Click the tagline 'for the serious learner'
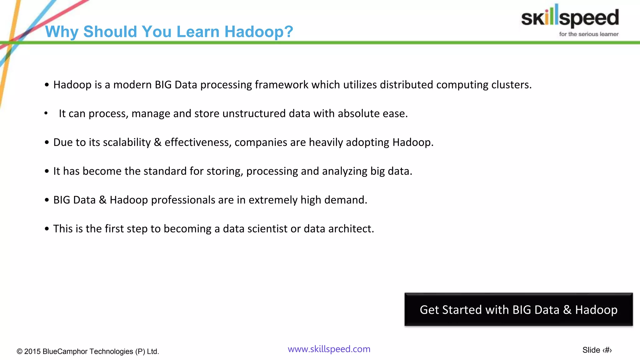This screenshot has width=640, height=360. pos(588,34)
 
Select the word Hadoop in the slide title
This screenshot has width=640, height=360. pos(259,32)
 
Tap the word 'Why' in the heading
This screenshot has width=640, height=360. pos(61,32)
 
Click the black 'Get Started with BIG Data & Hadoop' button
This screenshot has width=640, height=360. pos(518,310)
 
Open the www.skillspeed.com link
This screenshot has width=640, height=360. pos(329,349)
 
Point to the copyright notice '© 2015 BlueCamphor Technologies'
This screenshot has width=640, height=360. pos(88,351)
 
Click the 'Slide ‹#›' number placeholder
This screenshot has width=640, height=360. pos(597,350)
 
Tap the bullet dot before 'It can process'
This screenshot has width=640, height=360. pos(46,113)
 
